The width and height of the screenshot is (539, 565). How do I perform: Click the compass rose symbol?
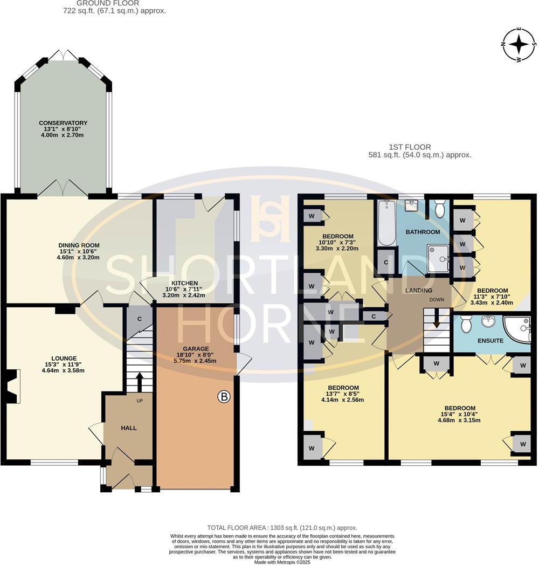[519, 45]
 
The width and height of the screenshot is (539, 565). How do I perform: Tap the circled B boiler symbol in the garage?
[224, 398]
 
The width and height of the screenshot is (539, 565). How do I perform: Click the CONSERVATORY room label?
[63, 123]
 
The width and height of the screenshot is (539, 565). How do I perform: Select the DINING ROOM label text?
[79, 245]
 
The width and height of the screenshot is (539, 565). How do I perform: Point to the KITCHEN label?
[184, 283]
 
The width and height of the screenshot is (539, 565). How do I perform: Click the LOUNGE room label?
[64, 358]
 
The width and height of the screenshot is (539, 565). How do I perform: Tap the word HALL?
[128, 428]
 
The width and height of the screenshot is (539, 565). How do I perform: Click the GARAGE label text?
[195, 349]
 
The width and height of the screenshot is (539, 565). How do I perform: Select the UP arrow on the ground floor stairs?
[139, 383]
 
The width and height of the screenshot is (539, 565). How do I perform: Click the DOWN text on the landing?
[437, 299]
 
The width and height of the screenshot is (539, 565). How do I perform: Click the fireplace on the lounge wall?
[14, 385]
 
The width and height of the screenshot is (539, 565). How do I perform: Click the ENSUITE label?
[490, 341]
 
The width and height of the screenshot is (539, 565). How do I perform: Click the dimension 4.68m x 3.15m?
[459, 421]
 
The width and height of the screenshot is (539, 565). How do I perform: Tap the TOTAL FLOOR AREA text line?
[282, 528]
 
